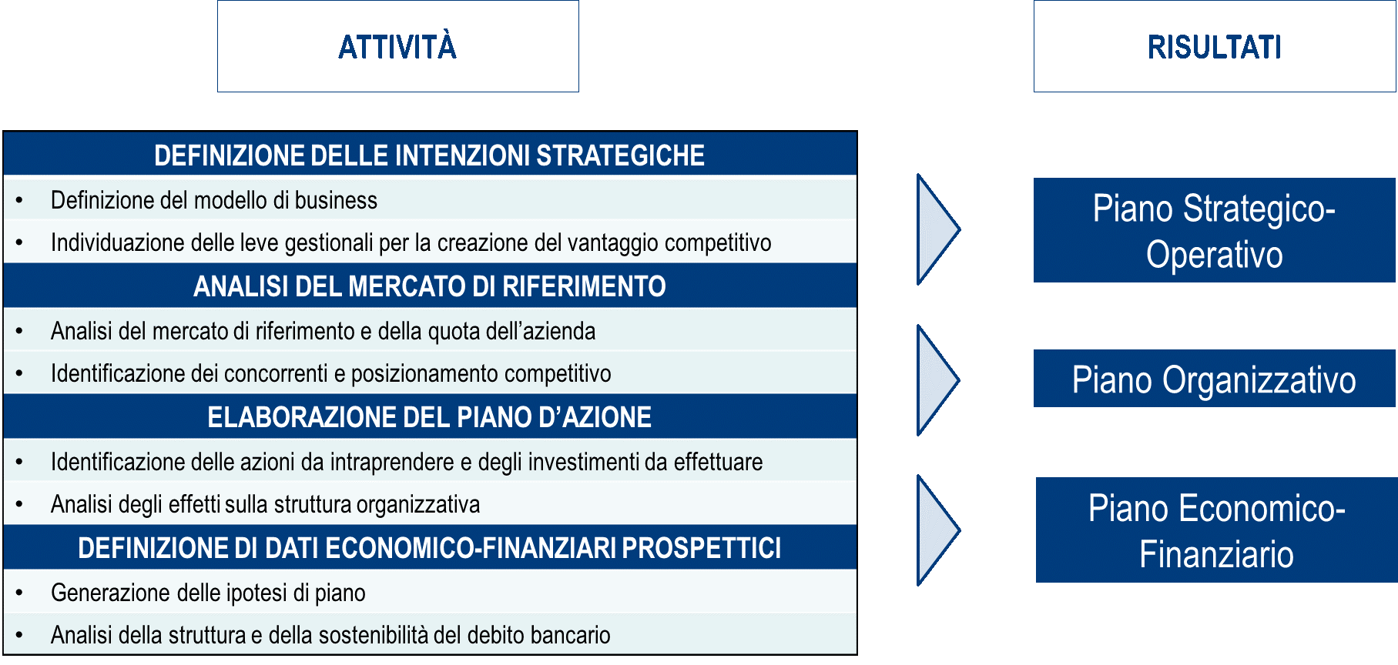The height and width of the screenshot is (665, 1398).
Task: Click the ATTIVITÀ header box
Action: pos(398,46)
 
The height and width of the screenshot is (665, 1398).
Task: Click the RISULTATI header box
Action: pos(1215,46)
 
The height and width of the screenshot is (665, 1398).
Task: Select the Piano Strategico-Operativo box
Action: pos(1215,230)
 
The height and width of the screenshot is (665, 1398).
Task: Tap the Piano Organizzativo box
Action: pos(1215,379)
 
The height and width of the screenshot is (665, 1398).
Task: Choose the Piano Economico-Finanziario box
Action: pos(1216,530)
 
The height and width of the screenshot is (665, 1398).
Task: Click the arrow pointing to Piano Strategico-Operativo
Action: pos(938,229)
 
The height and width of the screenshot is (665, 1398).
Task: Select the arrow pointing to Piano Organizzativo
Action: pos(938,380)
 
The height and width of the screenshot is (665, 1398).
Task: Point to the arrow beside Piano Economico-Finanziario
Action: pos(938,530)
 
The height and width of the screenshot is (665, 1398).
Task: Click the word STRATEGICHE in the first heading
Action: pos(620,155)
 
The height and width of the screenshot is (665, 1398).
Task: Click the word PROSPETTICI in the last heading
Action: pos(701,548)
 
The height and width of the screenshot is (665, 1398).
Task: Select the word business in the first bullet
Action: pos(336,200)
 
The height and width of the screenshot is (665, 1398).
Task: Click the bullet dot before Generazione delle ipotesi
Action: pos(19,593)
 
